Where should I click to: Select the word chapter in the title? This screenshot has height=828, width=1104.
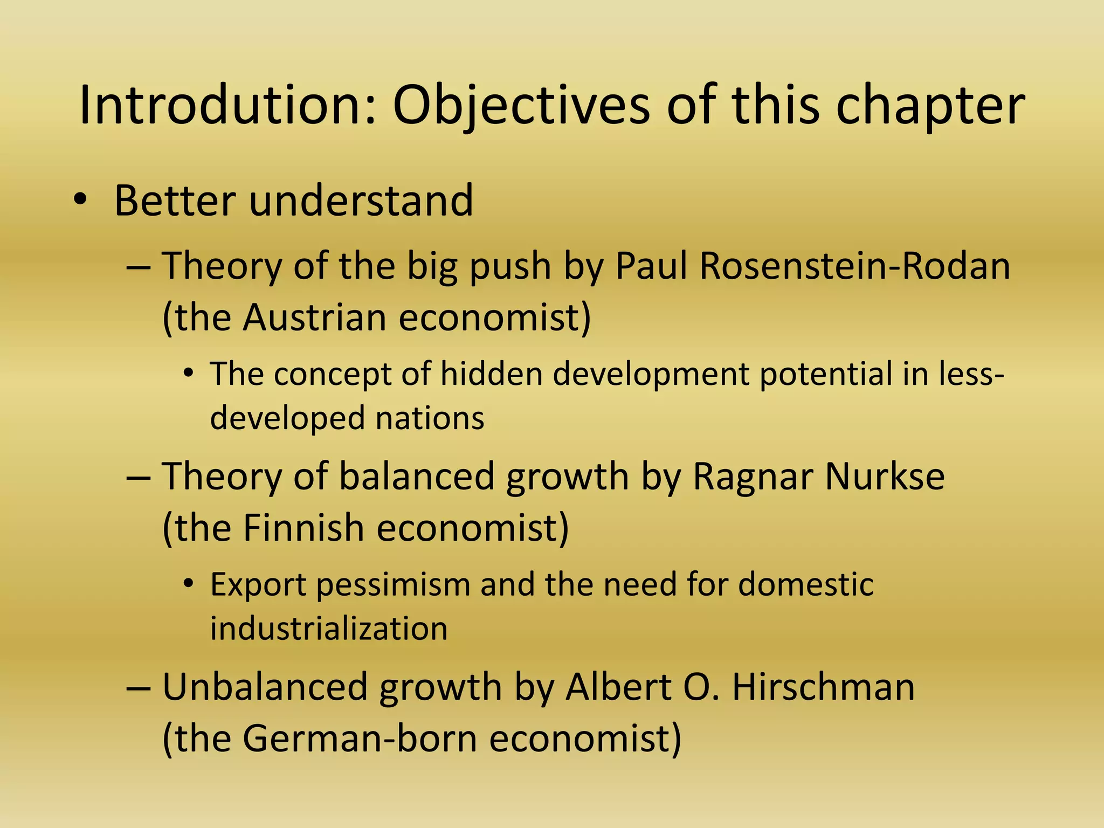(x=930, y=106)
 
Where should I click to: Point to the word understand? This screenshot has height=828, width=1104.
(x=361, y=201)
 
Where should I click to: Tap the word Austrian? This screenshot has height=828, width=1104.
(x=314, y=317)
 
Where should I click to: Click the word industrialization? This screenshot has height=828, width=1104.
(x=329, y=628)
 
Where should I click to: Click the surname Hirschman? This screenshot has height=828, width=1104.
(x=823, y=687)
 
